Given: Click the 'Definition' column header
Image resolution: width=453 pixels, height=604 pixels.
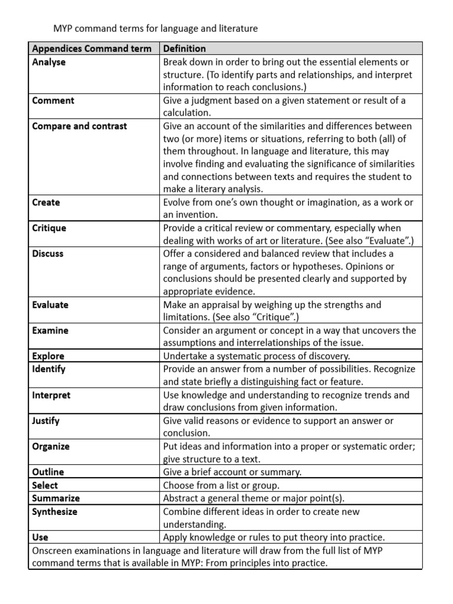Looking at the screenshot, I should point(185,48).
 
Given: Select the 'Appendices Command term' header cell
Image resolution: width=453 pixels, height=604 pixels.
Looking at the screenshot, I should point(91,48).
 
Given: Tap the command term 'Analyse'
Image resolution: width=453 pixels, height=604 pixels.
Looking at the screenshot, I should point(49,62).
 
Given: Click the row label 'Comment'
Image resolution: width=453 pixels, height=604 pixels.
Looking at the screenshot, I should point(53,100).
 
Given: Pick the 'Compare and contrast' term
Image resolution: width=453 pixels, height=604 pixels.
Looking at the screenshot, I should point(80,126).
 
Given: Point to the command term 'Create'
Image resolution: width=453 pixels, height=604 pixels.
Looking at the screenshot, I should point(46,202).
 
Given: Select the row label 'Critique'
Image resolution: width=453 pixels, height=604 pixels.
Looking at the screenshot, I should point(49,228).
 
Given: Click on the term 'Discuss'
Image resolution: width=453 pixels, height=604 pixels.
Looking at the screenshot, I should point(48,254).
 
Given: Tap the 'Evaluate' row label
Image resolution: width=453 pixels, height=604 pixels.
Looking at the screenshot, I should point(50,305).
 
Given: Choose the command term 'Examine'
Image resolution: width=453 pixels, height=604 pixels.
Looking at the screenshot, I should point(50,330).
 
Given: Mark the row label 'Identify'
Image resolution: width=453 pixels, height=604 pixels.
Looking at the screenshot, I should point(49,369).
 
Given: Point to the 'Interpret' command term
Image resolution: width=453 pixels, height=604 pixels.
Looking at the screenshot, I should point(51,395).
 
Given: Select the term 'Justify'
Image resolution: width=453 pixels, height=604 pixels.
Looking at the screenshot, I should point(46,421).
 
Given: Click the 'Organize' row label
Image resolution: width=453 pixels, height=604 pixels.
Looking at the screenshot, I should point(51,447).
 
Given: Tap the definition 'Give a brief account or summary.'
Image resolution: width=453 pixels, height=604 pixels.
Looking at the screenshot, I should point(232,472).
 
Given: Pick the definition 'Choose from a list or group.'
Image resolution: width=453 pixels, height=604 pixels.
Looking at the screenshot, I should point(221,485).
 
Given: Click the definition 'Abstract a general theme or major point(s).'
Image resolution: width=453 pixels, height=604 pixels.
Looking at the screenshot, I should point(254,498).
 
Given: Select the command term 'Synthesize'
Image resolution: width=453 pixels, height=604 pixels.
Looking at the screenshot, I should point(55,511).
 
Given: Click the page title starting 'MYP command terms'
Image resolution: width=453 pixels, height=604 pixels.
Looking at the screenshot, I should point(156,28).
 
